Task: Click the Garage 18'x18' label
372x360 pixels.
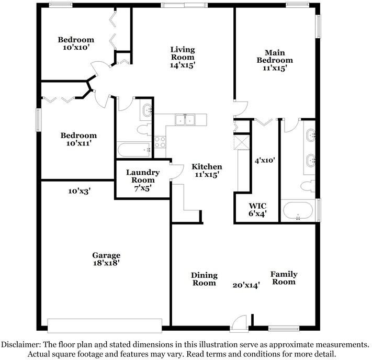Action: click(x=107, y=260)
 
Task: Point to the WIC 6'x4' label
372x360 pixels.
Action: click(x=258, y=209)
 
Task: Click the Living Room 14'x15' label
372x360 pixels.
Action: click(x=182, y=58)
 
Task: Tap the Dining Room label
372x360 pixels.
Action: click(x=204, y=279)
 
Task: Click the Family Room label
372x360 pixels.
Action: click(x=284, y=278)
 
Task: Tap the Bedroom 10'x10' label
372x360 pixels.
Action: click(x=76, y=43)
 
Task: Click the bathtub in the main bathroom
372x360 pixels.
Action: click(x=298, y=212)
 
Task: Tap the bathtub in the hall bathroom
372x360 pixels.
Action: click(x=134, y=151)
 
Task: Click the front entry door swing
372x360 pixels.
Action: click(x=238, y=322)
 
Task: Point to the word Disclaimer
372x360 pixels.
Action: click(x=20, y=345)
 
